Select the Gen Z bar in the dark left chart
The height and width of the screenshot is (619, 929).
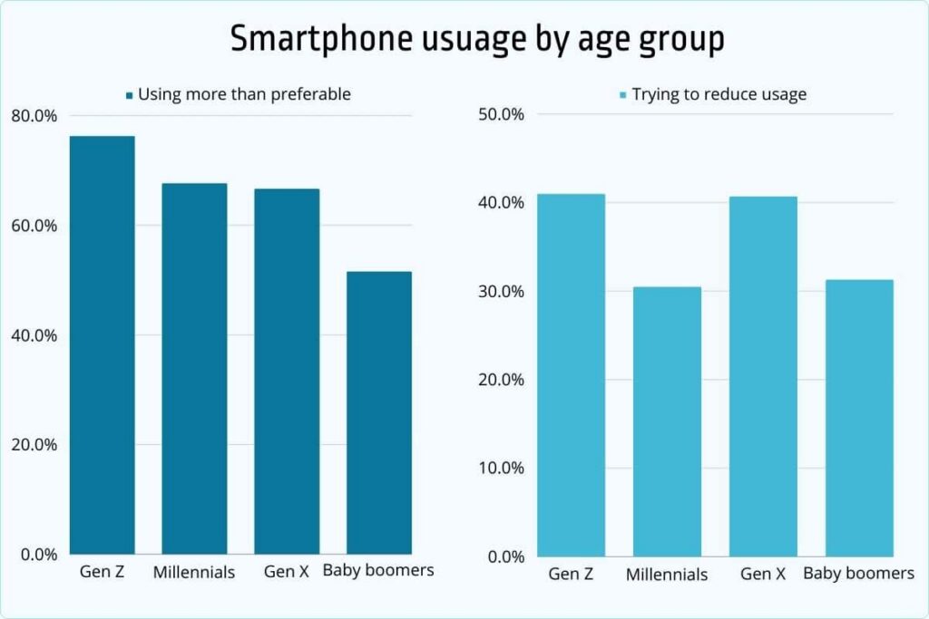pos(103,344)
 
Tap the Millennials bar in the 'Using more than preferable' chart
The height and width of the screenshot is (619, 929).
pos(194,368)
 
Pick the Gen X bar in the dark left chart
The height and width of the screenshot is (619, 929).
pos(287,371)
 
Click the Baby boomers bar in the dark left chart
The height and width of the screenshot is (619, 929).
pos(379,412)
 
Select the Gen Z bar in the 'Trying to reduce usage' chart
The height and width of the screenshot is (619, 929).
pos(571,374)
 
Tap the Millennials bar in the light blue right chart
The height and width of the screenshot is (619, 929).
pos(667,421)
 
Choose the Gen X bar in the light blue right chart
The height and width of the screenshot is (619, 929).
pos(763,376)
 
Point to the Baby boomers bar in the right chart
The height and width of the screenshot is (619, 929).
pos(859,418)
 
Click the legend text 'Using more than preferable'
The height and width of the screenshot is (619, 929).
pos(244,94)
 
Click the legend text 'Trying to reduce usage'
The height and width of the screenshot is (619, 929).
pos(719,94)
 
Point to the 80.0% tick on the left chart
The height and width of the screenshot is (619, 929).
pos(34,116)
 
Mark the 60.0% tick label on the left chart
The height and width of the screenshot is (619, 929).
pos(34,226)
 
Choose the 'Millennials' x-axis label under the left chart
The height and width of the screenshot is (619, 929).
pos(194,572)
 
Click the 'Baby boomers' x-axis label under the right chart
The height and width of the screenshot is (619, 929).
pos(859,574)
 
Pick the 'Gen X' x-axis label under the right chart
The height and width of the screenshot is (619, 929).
pos(763,574)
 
